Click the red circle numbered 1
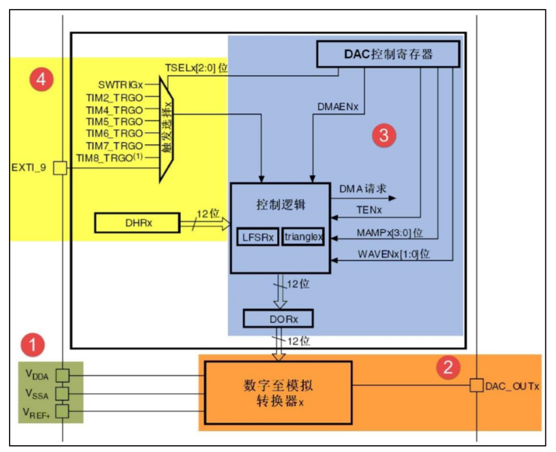click(x=33, y=344)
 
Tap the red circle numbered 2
click(x=448, y=367)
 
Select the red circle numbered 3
click(x=384, y=135)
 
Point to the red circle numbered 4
click(x=42, y=79)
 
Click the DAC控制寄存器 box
click(x=388, y=54)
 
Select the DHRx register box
click(x=137, y=223)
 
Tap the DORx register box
click(x=278, y=319)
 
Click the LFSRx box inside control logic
click(x=258, y=237)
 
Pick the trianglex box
click(x=303, y=237)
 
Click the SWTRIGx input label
click(x=121, y=85)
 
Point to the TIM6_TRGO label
click(x=114, y=133)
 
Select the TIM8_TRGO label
click(x=110, y=158)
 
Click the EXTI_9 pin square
click(x=60, y=168)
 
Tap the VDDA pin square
click(x=62, y=375)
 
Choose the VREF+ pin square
click(x=62, y=412)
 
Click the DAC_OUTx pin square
click(x=476, y=385)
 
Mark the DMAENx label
click(x=338, y=107)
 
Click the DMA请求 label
click(x=363, y=188)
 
